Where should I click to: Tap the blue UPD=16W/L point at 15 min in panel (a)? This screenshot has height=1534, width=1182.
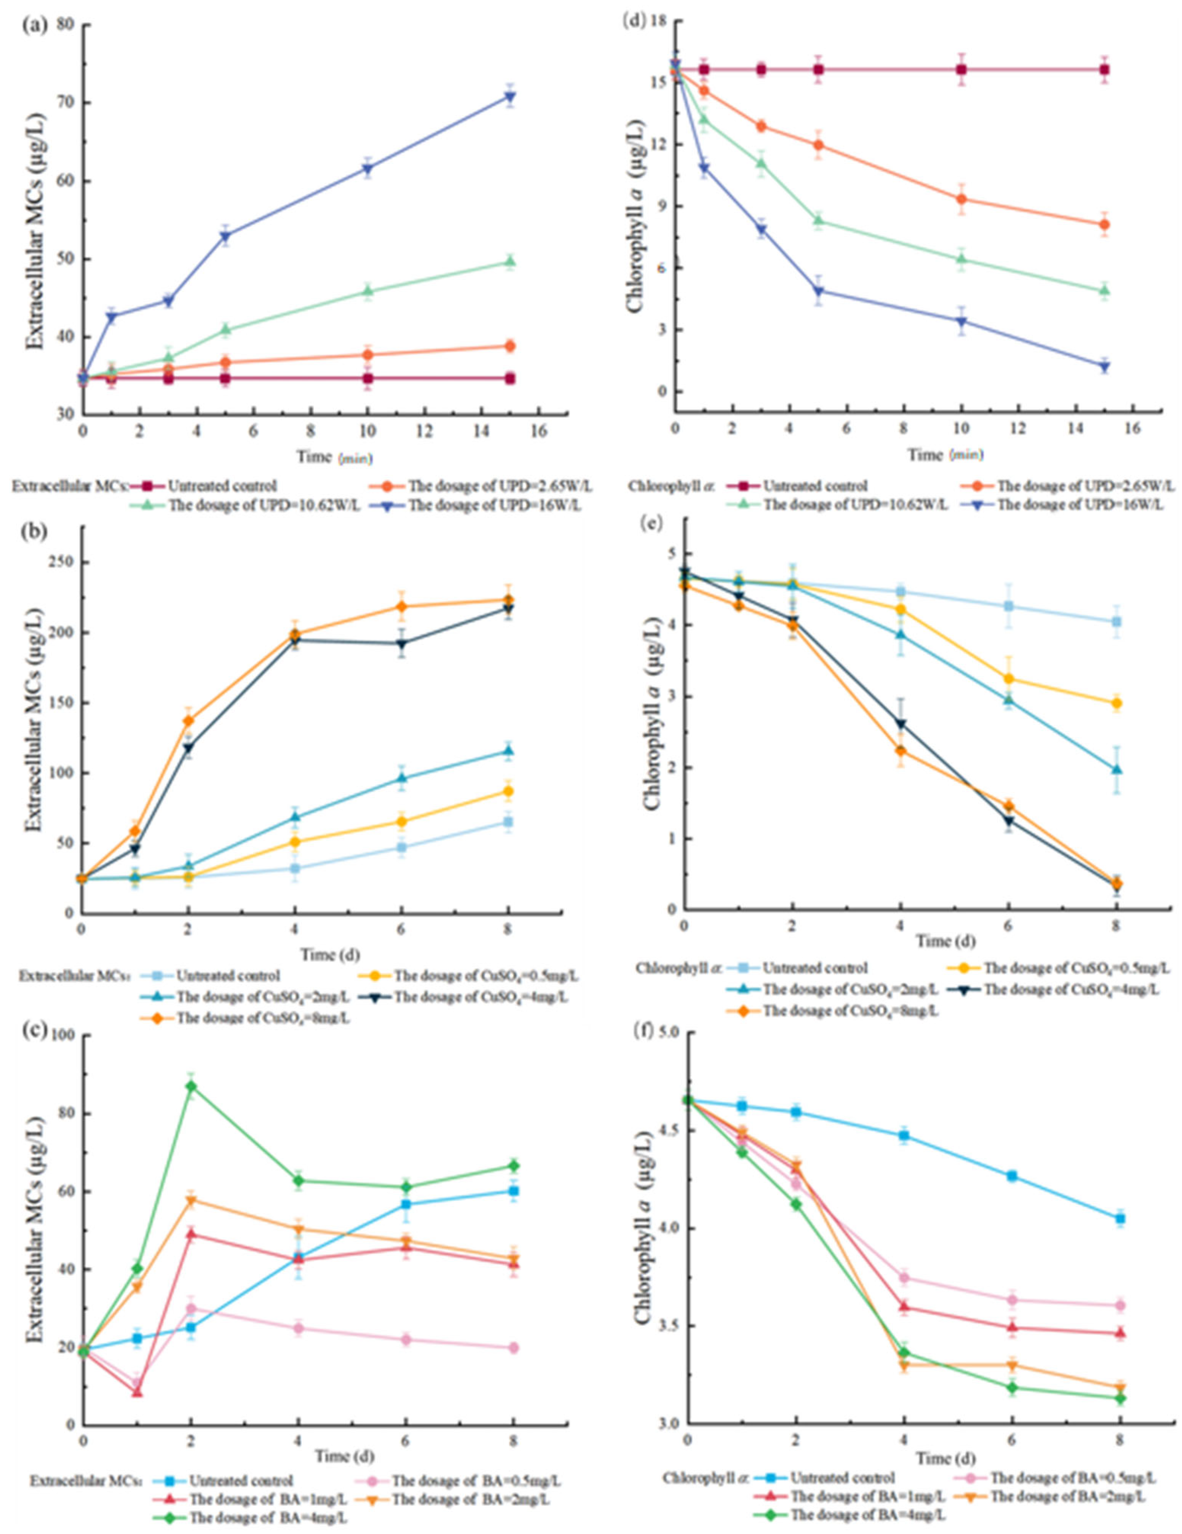pos(510,97)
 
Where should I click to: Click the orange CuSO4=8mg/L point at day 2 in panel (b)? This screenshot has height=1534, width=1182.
pos(188,720)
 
